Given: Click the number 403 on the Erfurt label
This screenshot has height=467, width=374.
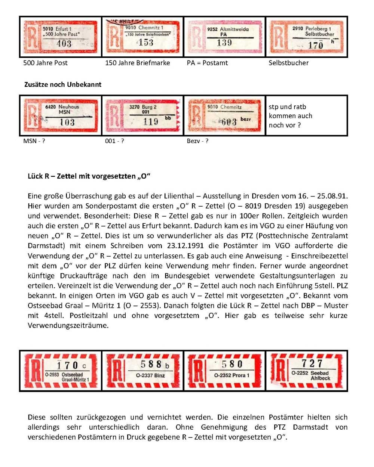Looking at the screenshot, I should click(x=64, y=44).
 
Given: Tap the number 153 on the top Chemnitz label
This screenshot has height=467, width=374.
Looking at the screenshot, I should click(x=146, y=42).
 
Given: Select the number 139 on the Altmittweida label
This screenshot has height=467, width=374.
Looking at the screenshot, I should click(x=224, y=43).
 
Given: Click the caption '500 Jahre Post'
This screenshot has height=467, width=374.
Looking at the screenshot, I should click(x=45, y=63).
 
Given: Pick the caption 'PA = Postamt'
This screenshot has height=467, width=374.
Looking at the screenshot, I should click(x=207, y=63).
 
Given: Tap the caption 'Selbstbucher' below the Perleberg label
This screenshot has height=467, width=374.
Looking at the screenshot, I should click(x=288, y=63).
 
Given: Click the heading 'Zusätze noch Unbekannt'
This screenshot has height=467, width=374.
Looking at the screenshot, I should click(x=63, y=84).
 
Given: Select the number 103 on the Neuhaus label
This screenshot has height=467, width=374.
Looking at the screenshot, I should click(x=67, y=122).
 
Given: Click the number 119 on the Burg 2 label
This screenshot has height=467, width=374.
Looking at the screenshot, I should click(x=150, y=122).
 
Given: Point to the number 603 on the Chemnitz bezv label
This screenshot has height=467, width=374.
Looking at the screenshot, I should click(x=229, y=122).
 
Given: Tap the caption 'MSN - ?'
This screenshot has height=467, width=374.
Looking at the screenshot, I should click(x=34, y=141).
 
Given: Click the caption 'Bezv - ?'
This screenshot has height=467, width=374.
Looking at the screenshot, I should click(x=197, y=141).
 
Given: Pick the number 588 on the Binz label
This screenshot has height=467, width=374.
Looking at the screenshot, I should click(x=151, y=364).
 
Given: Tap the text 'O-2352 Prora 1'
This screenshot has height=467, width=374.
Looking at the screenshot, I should click(x=232, y=375).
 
